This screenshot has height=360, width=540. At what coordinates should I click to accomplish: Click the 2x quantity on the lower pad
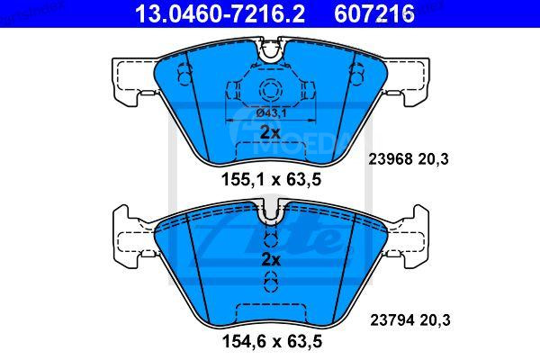click(270, 259)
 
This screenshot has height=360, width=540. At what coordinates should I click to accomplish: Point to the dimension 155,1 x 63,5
click(271, 179)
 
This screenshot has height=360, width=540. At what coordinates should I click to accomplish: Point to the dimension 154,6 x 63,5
click(271, 342)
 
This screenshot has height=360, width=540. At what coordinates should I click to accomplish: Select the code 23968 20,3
click(410, 158)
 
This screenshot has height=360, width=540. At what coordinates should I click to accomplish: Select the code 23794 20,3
click(410, 316)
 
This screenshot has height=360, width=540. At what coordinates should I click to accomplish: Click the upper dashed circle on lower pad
click(270, 241)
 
